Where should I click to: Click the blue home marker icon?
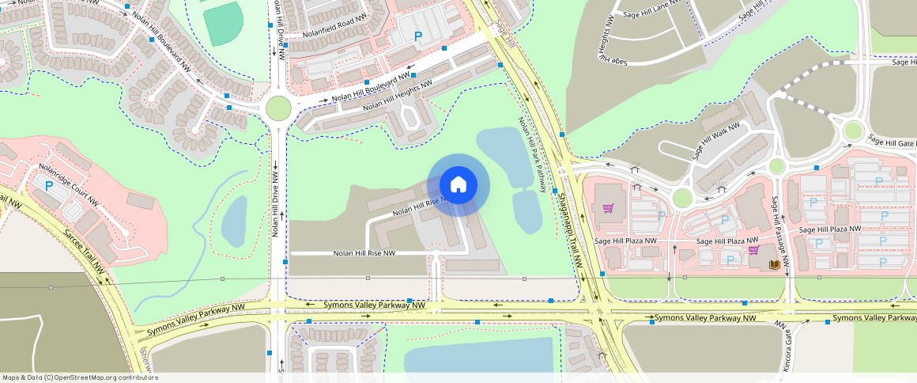(x=458, y=185)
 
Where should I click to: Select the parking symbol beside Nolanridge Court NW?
(x=49, y=186)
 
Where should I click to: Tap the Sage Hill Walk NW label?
(x=716, y=142)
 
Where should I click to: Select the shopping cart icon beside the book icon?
(x=753, y=250)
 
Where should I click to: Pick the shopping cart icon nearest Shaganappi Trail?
(x=608, y=208)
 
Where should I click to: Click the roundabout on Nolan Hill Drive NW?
(x=278, y=107)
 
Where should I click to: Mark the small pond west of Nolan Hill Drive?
(x=234, y=222)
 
